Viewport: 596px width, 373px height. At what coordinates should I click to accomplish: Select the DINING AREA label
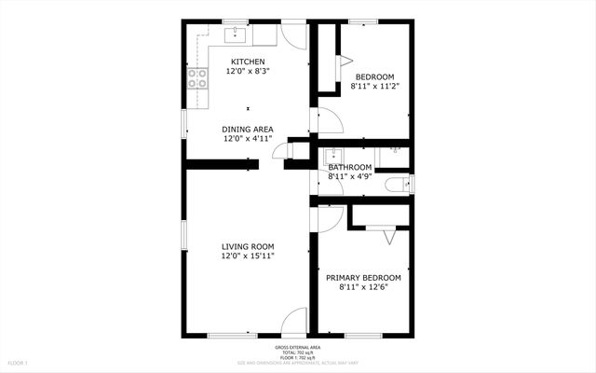(x=248, y=129)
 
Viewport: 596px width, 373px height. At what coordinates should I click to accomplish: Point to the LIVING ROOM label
(x=248, y=246)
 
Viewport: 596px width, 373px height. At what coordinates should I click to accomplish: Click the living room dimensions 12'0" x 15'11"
(x=248, y=256)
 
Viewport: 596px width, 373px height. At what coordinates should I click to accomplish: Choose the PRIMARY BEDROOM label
(x=363, y=278)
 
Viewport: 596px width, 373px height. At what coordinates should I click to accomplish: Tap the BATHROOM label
(x=350, y=168)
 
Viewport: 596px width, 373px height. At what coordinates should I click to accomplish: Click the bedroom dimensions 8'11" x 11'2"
(x=373, y=86)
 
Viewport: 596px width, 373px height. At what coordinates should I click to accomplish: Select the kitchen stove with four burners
(x=197, y=78)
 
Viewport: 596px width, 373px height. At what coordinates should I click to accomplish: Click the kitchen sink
(x=234, y=35)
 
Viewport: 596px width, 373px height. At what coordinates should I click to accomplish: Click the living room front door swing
(x=294, y=322)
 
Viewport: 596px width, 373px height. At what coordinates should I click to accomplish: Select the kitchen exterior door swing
(x=294, y=35)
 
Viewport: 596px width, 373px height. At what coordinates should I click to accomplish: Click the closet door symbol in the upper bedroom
(x=345, y=62)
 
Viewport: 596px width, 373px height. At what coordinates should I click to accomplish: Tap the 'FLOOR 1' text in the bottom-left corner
(x=19, y=362)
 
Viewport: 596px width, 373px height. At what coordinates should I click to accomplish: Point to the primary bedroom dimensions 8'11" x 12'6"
(x=363, y=287)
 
